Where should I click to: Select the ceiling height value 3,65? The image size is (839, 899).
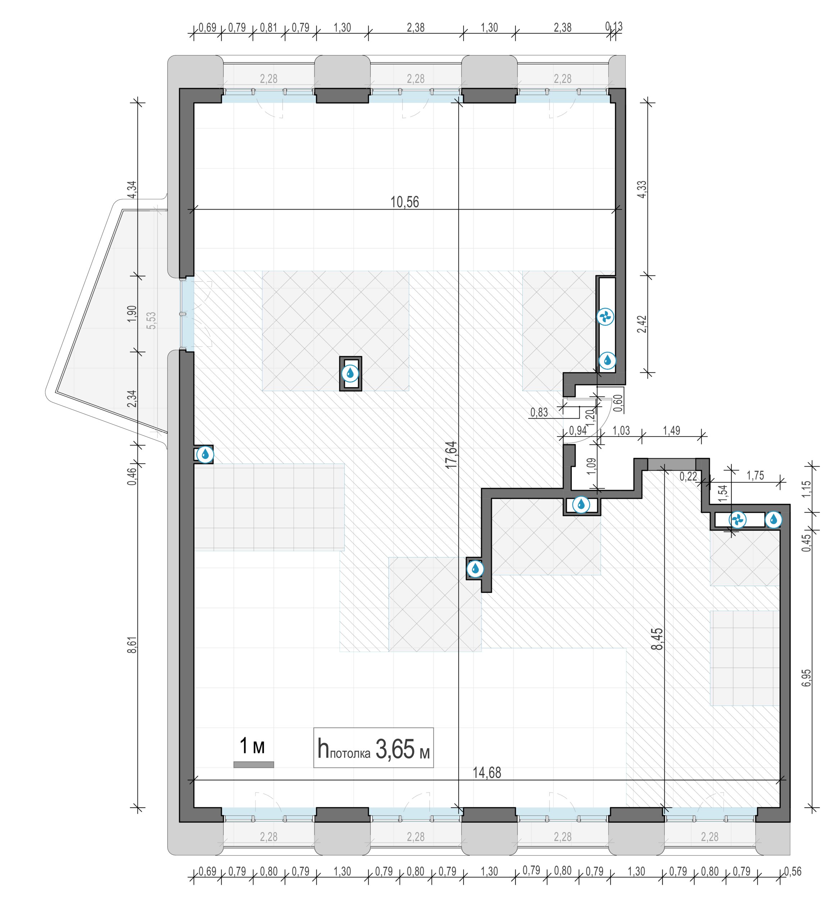[x=395, y=749]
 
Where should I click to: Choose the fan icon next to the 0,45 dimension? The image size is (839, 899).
[x=737, y=520]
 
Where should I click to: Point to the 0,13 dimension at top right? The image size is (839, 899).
[x=614, y=27]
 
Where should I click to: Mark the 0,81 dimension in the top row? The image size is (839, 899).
[x=269, y=28]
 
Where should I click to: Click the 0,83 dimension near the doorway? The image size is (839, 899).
[x=539, y=412]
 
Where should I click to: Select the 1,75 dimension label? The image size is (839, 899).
[x=755, y=475]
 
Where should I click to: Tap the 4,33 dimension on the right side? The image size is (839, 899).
[x=642, y=190]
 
